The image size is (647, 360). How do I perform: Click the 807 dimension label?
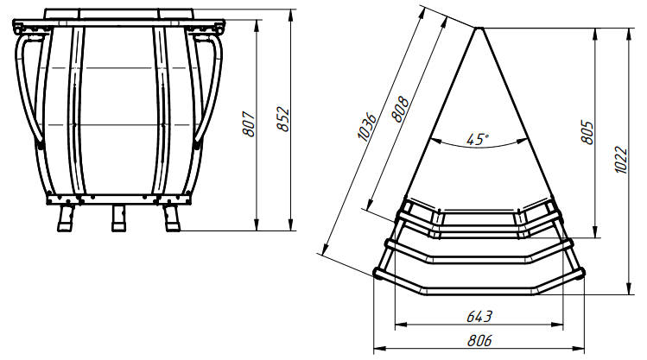[249, 123]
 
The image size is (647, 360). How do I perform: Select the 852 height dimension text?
[283, 119]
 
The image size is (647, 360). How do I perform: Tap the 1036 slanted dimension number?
[366, 127]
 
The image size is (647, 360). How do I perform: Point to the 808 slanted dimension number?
[400, 110]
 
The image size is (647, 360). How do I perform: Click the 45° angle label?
[478, 139]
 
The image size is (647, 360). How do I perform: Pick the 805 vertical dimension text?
[587, 132]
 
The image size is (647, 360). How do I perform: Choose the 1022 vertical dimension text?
[620, 160]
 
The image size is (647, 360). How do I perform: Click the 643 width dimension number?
[479, 317]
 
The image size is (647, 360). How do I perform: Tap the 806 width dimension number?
[479, 341]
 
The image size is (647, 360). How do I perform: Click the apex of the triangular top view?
[479, 28]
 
